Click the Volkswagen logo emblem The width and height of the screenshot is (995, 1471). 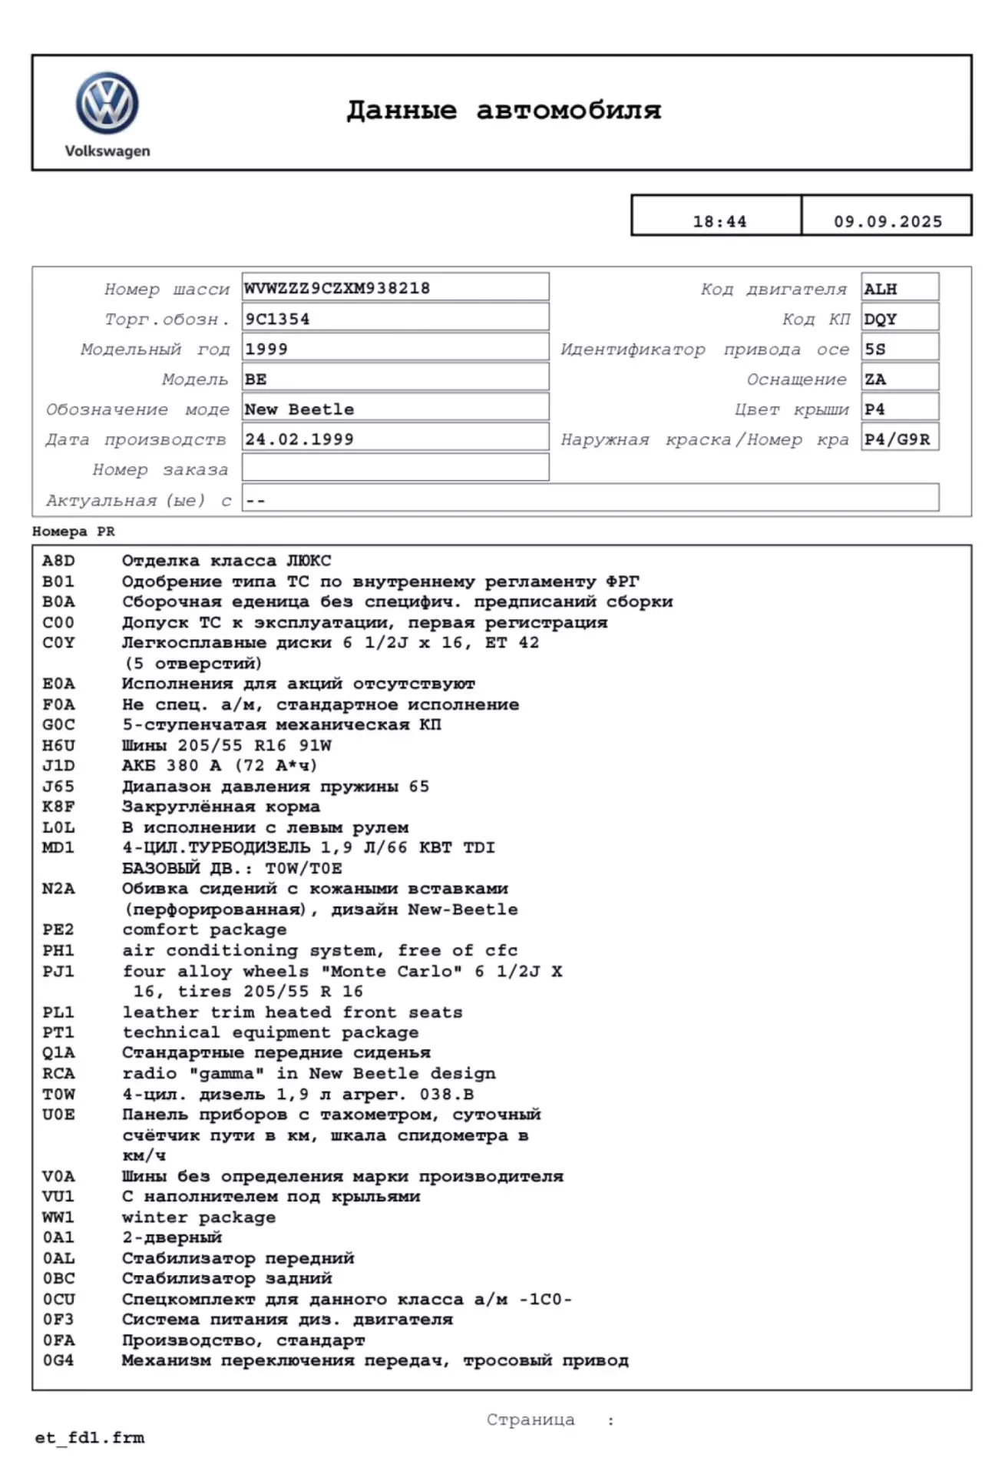(107, 104)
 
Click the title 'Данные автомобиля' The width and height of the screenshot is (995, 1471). (503, 111)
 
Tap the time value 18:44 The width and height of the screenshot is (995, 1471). (719, 222)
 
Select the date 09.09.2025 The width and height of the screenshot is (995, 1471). (888, 222)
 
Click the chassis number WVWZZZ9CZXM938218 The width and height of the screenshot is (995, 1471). (337, 288)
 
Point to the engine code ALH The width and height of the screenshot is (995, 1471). (881, 289)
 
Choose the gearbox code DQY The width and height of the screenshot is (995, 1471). (881, 319)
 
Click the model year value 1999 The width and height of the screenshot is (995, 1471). (266, 349)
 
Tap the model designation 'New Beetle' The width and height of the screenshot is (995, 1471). (299, 409)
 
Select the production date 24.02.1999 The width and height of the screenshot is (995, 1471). (299, 439)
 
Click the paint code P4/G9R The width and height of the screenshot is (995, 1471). (897, 439)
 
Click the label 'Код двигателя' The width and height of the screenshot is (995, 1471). (773, 290)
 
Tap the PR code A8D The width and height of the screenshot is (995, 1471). (58, 561)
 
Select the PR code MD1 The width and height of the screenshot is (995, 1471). (58, 847)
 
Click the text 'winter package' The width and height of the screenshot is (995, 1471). (199, 1217)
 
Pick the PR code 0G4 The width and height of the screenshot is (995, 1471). (58, 1360)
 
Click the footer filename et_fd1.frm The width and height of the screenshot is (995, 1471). (90, 1438)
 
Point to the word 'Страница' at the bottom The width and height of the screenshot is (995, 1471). (531, 1420)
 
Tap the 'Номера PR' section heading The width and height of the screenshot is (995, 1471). (74, 532)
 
